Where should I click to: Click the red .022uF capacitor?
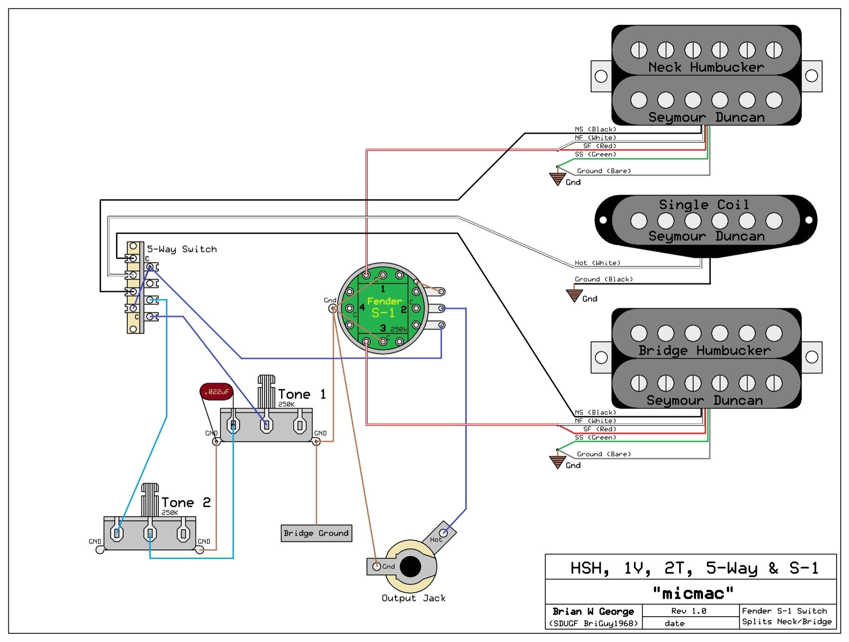pos(216,391)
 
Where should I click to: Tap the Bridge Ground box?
pos(316,533)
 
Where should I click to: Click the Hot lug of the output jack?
pos(443,532)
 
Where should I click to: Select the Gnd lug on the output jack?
pos(376,566)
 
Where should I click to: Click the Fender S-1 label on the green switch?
pos(384,307)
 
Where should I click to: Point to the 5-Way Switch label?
pos(182,249)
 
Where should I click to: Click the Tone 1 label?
pos(302,394)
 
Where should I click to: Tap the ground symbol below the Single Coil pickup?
pos(574,295)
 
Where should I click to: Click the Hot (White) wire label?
pos(597,263)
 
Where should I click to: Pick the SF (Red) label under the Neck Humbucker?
pos(599,146)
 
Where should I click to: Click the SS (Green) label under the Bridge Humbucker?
pos(595,437)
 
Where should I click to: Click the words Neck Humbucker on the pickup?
pos(706,67)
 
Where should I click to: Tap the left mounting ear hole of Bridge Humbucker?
pos(601,357)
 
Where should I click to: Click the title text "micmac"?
pos(693,593)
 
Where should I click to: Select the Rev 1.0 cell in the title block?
pos(689,611)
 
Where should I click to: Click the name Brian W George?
pos(593,611)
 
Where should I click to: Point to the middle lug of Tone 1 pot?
pos(267,425)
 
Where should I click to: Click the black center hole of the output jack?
pos(410,566)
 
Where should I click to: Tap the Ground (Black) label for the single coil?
pos(604,279)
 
